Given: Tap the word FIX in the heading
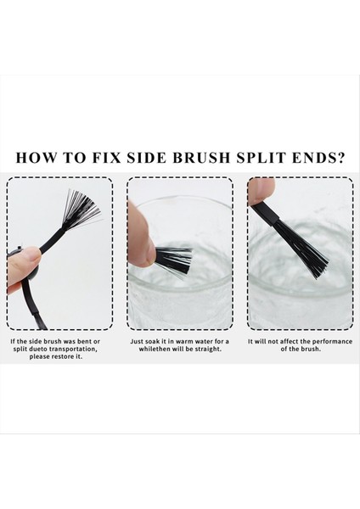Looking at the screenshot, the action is point(106,157).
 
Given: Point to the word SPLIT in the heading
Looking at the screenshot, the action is point(262,157).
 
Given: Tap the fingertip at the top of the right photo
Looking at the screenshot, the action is point(261,192).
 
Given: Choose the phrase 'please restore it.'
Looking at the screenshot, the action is point(55,357).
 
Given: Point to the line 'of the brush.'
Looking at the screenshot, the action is point(301,350).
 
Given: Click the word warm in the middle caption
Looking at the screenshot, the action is point(184,342).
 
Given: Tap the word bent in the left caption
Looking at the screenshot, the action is point(85,342).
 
